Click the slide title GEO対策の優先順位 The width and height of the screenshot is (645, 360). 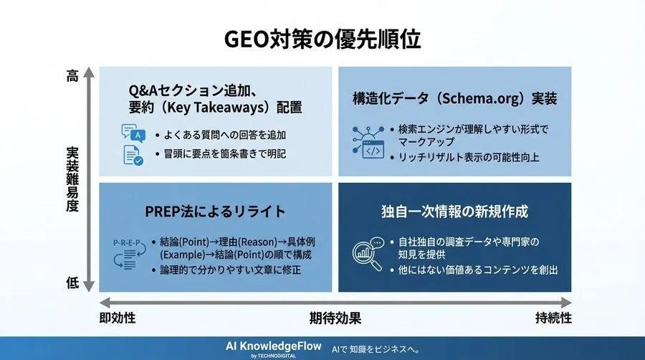[322, 39]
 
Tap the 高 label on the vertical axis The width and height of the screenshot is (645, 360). [72, 76]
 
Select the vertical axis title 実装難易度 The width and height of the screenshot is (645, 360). [72, 179]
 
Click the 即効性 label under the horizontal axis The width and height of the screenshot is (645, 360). [118, 317]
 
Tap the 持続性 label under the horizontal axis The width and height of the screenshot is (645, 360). [553, 317]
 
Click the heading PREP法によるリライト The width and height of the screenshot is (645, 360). [216, 212]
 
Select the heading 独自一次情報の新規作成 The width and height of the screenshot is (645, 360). [454, 212]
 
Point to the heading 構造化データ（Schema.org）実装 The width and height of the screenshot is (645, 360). [454, 98]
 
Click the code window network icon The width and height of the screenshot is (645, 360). [368, 141]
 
